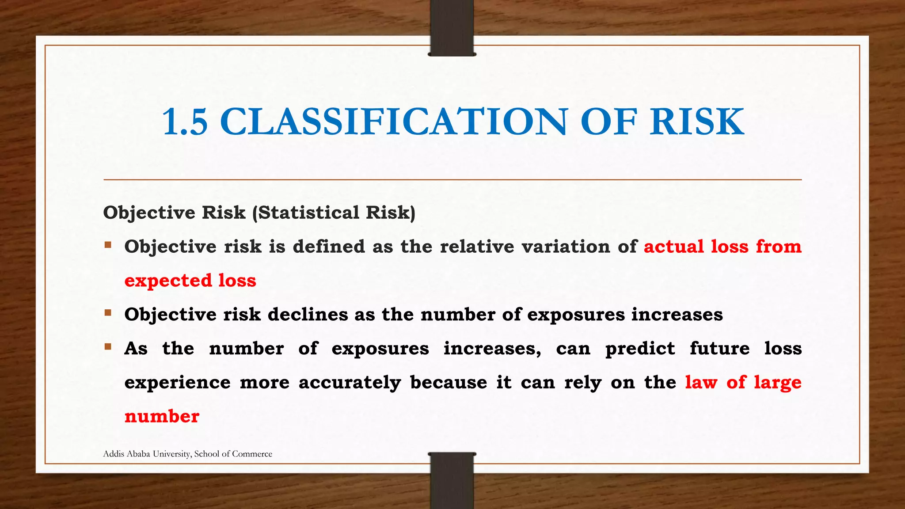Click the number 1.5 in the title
coord(185,122)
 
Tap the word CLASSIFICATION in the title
coord(393,122)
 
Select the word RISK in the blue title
coord(697,122)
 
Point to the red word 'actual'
coord(673,247)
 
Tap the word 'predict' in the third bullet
coord(640,349)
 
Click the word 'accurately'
coord(350,383)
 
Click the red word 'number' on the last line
coord(162,417)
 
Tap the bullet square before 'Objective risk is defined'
coord(108,244)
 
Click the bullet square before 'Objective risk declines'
coord(108,313)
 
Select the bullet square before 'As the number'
coord(108,346)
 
